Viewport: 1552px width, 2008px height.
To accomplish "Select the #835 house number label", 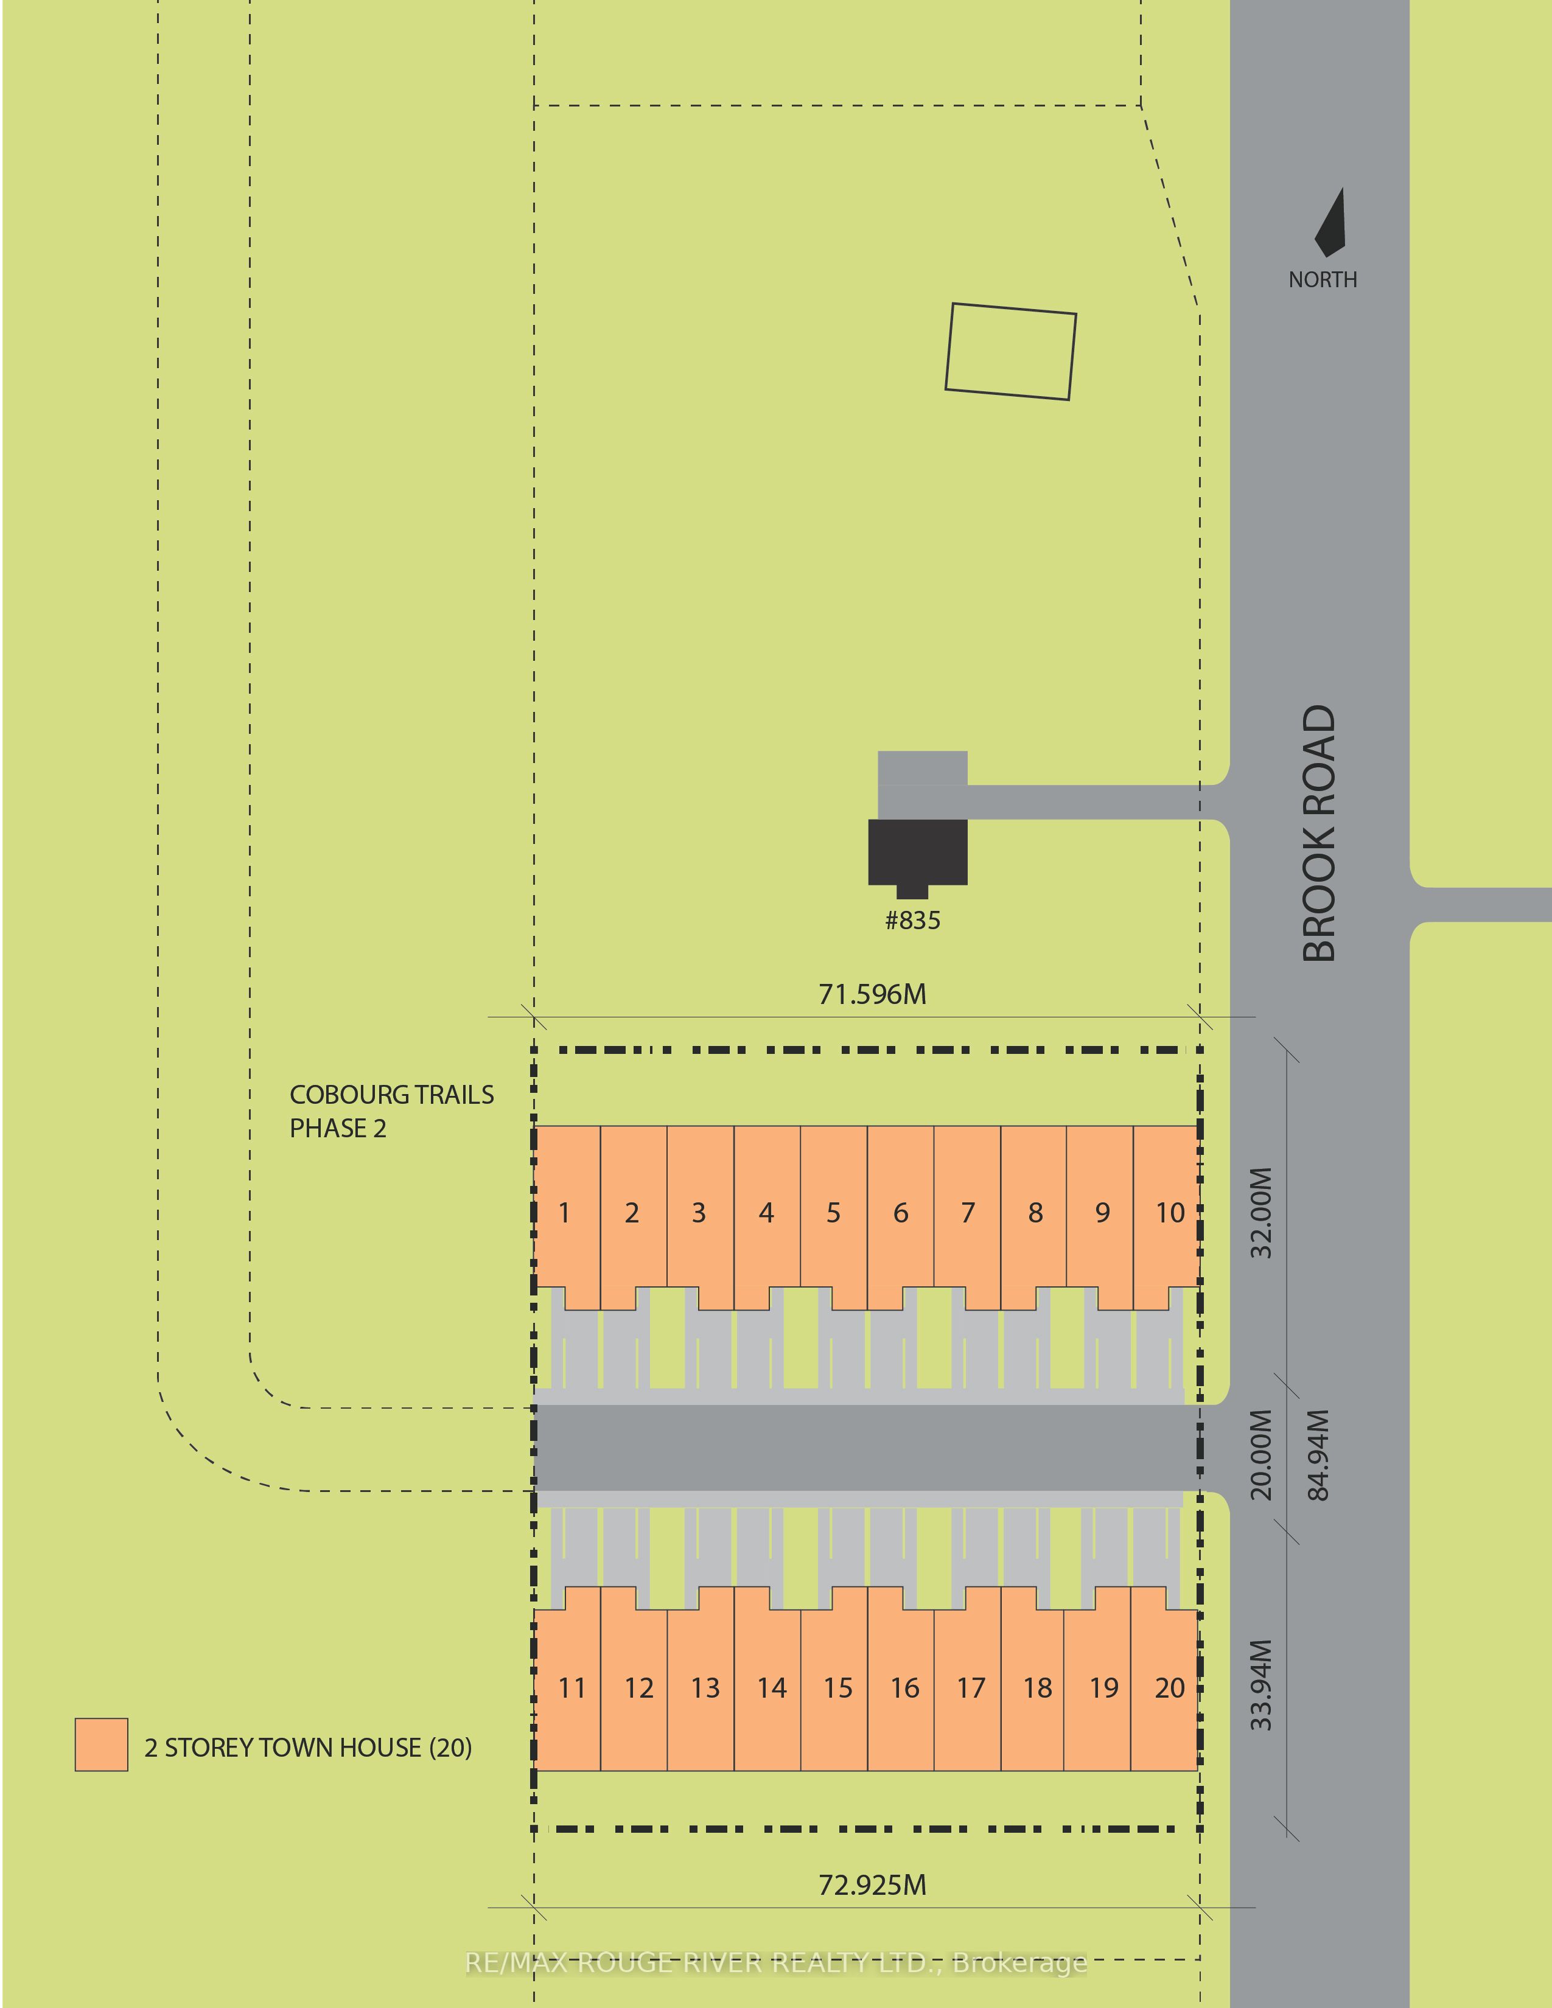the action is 912,920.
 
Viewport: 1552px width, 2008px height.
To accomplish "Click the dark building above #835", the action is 918,855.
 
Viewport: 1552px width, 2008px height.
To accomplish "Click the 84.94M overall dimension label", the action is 1318,1454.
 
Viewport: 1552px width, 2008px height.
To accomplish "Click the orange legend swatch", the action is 101,1744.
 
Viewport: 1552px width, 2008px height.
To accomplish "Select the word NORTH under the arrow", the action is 1322,279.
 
